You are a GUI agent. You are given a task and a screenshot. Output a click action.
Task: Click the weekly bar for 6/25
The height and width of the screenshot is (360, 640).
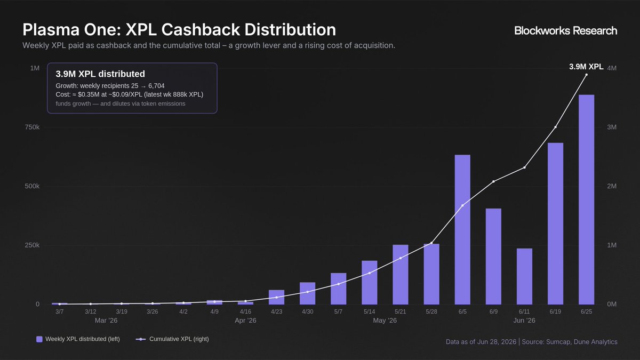point(586,199)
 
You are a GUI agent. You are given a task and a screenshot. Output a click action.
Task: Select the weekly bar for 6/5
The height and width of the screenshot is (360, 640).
point(462,230)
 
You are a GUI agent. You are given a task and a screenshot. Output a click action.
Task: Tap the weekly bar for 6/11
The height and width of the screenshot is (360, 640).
point(524,276)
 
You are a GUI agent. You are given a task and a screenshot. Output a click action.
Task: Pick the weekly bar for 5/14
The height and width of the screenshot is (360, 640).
point(370,283)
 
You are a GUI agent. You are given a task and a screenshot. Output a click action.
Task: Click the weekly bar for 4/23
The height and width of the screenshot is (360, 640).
point(276,297)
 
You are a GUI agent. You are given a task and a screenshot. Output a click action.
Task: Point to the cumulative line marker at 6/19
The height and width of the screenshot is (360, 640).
point(555,127)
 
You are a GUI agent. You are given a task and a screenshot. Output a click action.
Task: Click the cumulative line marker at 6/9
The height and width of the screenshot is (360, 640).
point(493,181)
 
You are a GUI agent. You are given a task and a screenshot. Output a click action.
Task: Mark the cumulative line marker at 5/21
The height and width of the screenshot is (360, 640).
point(401,258)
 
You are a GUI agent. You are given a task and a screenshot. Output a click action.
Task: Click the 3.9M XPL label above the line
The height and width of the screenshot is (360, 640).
point(586,67)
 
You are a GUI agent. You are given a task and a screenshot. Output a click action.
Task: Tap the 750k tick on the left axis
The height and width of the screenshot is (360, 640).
point(32,127)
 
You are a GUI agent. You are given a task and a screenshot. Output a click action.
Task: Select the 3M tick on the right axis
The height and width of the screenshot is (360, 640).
point(612,127)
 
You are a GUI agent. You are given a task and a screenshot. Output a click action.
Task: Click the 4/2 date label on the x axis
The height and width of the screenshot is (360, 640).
point(183,311)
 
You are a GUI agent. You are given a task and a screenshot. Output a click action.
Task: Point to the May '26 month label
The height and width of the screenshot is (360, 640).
point(385,321)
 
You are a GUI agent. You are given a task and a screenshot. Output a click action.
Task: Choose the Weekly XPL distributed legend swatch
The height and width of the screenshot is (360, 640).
point(39,339)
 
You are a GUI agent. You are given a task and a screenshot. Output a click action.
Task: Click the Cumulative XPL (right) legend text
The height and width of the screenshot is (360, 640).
point(179,339)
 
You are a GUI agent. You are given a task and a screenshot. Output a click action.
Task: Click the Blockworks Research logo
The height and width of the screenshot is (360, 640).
point(566,30)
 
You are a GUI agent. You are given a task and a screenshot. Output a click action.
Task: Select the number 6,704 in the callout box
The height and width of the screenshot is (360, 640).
point(156,86)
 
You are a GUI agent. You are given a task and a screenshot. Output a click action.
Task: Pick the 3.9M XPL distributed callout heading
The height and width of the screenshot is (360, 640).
point(100,74)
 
